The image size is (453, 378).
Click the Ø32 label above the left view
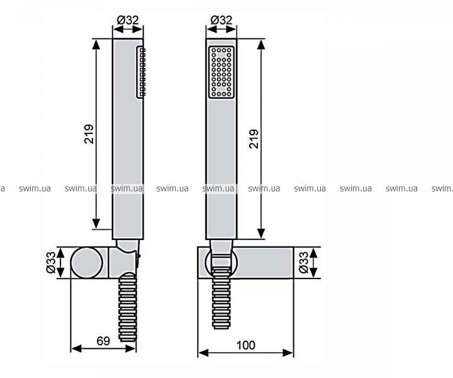(128, 20)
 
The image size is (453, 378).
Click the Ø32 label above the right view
(221, 20)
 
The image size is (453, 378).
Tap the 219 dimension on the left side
(89, 134)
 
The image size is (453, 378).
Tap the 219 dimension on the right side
(254, 139)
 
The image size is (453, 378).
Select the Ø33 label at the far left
(50, 262)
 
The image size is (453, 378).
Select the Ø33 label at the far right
(304, 262)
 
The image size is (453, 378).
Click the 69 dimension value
(103, 341)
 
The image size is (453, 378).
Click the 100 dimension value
(246, 345)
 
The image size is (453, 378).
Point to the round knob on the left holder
(86, 263)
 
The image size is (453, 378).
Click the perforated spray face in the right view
(221, 72)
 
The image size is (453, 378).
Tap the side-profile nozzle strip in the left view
(140, 72)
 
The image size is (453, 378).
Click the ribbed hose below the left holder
(127, 307)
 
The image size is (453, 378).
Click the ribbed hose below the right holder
(221, 299)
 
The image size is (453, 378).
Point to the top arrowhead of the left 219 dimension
(96, 45)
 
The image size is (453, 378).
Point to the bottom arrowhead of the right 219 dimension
(261, 233)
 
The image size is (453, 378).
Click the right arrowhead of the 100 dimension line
(288, 353)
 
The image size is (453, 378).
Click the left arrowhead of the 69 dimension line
(76, 348)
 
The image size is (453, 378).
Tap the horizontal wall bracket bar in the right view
(245, 263)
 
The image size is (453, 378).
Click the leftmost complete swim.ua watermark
(35, 188)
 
